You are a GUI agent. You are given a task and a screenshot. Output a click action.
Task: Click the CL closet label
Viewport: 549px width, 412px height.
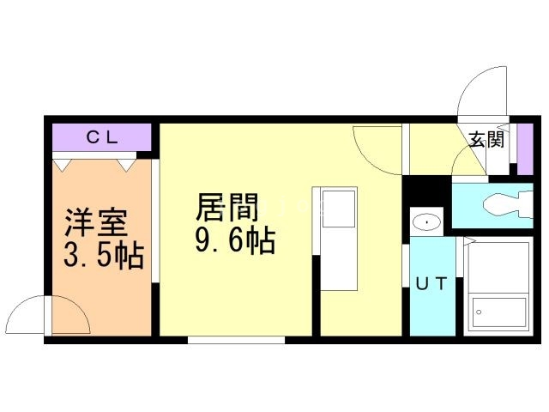pos(100,137)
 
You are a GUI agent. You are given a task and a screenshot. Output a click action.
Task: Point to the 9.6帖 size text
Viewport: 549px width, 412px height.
pos(233,241)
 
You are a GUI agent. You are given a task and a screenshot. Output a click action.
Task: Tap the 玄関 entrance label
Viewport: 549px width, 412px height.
pos(486,140)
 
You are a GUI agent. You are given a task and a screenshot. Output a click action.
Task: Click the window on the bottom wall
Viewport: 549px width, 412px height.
pos(237,340)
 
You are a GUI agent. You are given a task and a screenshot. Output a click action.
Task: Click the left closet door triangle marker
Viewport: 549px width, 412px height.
pos(61,163)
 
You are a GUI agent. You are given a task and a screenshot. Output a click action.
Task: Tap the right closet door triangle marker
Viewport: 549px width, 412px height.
pos(126,163)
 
